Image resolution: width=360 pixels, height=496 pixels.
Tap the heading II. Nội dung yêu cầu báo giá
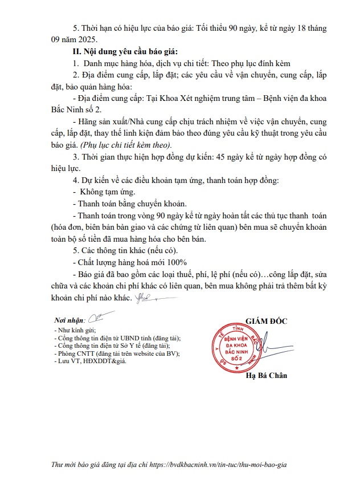click(x=126, y=51)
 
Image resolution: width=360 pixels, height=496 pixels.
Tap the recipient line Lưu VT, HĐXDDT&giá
click(x=89, y=361)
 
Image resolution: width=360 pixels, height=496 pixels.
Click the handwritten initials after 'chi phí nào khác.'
click(x=145, y=299)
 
